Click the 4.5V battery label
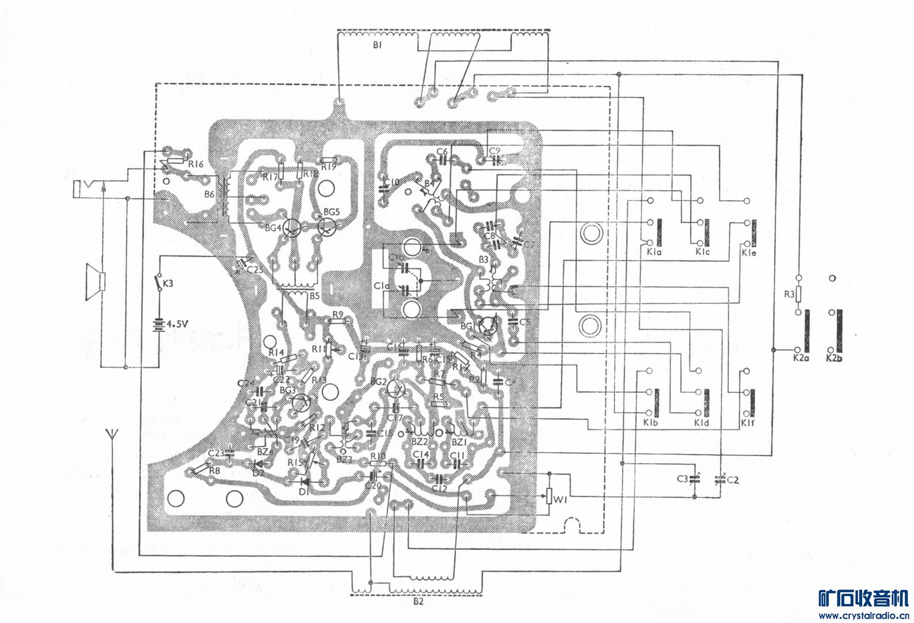tap(177, 324)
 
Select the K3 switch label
tap(168, 283)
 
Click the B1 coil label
tap(377, 44)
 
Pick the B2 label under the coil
tap(419, 602)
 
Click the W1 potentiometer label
tap(560, 500)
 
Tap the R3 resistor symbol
tap(798, 294)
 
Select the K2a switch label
tap(798, 358)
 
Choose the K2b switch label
tap(834, 358)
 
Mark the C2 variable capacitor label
tap(733, 479)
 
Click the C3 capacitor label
tap(682, 478)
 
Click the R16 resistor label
tap(196, 164)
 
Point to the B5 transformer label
tap(314, 296)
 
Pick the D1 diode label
tap(304, 491)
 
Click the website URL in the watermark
tap(864, 616)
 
